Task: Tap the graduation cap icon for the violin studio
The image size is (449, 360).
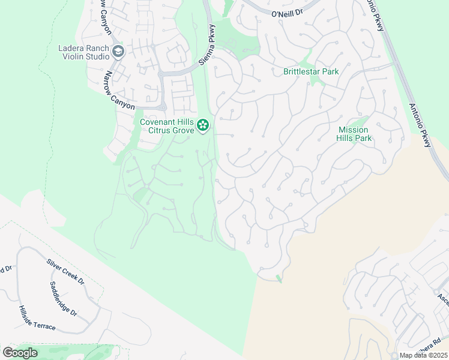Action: (x=118, y=52)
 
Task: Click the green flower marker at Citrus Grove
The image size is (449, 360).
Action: (x=203, y=125)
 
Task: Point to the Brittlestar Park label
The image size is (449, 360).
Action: (x=311, y=71)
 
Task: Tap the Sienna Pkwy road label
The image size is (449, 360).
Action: (x=207, y=46)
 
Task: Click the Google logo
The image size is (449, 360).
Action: (x=20, y=353)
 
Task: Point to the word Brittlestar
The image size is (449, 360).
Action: (x=301, y=71)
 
